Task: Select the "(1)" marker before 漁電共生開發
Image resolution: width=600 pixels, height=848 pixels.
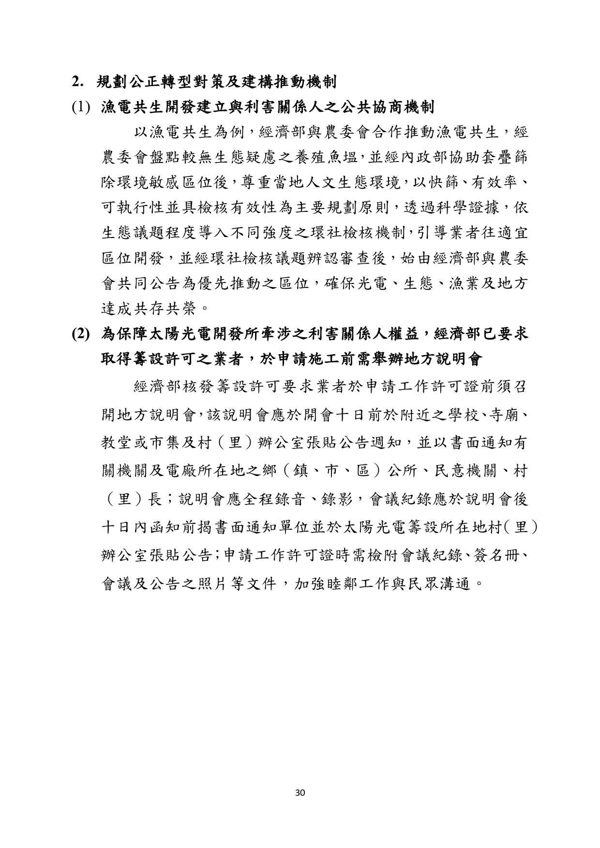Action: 81,107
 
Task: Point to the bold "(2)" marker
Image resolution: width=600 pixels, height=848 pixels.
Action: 81,334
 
